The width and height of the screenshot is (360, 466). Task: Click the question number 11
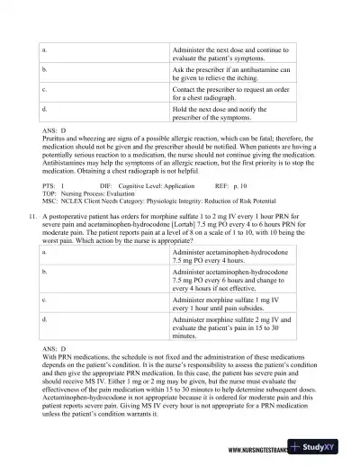(32, 217)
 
